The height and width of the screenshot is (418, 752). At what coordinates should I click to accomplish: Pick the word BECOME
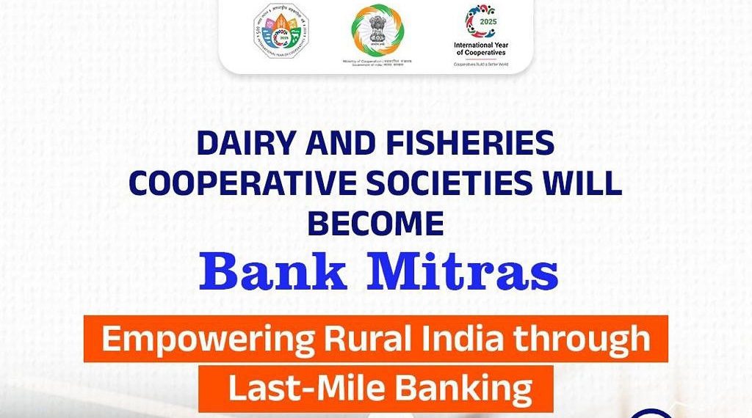coord(375,222)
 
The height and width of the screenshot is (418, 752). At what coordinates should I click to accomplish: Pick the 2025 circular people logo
coord(481,21)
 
